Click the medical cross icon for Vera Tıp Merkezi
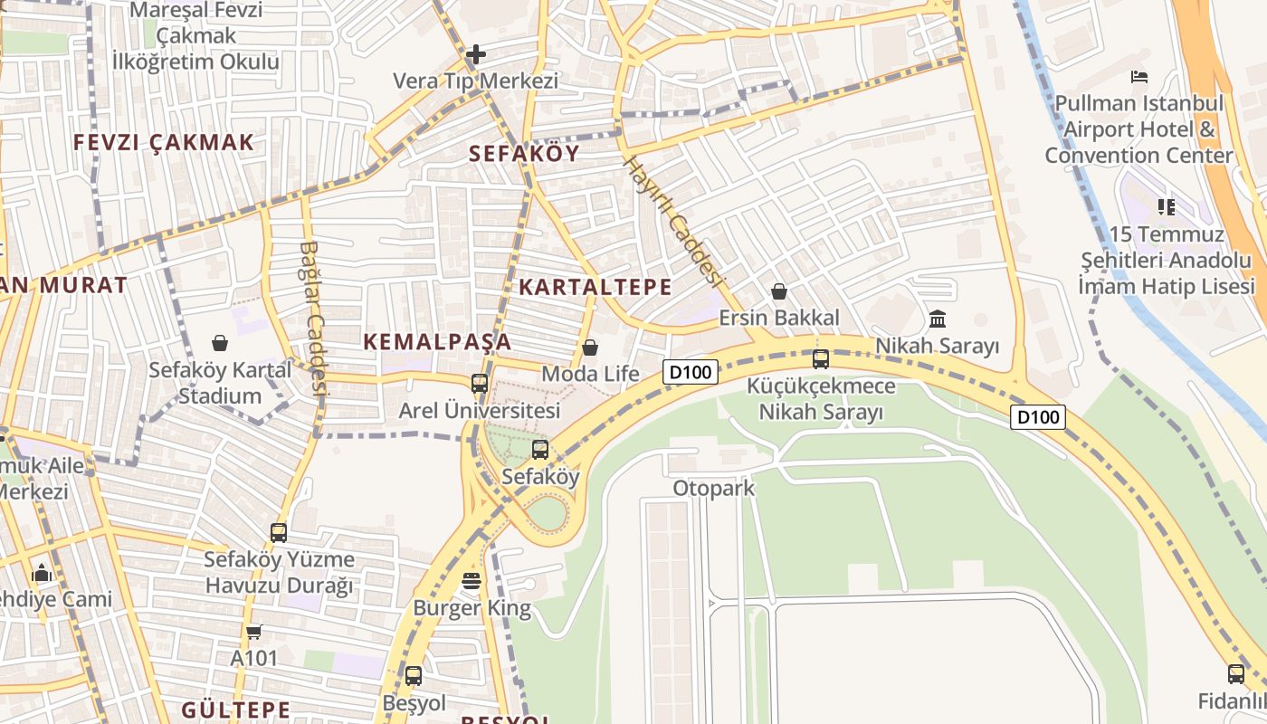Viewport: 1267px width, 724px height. click(x=475, y=54)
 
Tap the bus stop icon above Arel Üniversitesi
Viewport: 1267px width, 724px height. click(x=480, y=383)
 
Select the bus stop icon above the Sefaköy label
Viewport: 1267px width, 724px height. click(x=540, y=449)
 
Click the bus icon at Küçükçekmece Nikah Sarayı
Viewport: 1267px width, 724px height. click(x=821, y=358)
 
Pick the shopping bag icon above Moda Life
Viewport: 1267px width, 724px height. click(x=590, y=348)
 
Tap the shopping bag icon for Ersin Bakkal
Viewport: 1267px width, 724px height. click(x=778, y=291)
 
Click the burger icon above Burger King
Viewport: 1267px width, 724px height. click(x=472, y=581)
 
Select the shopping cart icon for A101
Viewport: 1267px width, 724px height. click(x=253, y=632)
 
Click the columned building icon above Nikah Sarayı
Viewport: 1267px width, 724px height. click(x=938, y=319)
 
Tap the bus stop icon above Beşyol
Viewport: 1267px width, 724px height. click(x=414, y=675)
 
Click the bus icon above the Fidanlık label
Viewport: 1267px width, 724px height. click(x=1236, y=673)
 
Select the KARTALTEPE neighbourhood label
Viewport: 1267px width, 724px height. click(x=595, y=288)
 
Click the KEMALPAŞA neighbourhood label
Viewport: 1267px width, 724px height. click(x=437, y=342)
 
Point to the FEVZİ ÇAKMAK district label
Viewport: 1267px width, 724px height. click(x=164, y=143)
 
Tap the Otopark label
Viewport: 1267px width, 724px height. click(x=713, y=489)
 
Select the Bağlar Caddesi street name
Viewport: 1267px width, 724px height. click(x=312, y=317)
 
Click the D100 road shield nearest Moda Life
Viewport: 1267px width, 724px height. click(x=691, y=371)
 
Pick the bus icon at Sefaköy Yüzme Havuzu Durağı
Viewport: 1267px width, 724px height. click(x=279, y=533)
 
